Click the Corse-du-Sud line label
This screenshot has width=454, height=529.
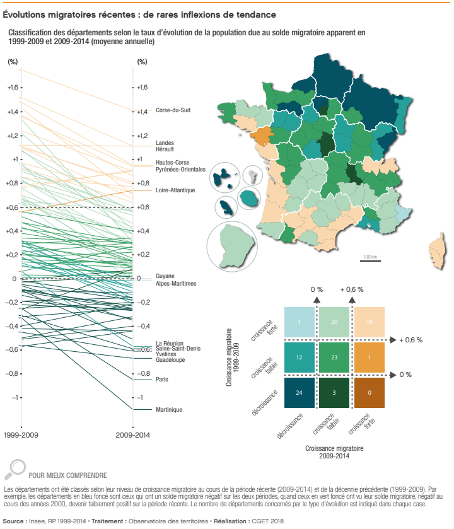point(173,111)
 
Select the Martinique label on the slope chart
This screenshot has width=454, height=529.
point(168,410)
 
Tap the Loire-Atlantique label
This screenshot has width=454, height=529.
point(175,190)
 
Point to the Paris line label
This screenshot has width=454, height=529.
point(162,379)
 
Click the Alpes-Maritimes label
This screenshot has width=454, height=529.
point(176,284)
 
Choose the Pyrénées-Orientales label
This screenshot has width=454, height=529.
point(180,170)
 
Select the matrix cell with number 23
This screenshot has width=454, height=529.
point(335,358)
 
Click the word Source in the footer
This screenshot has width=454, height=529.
point(14,521)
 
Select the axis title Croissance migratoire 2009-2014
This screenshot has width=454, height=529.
point(334,451)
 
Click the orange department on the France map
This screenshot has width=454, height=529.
point(261,134)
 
